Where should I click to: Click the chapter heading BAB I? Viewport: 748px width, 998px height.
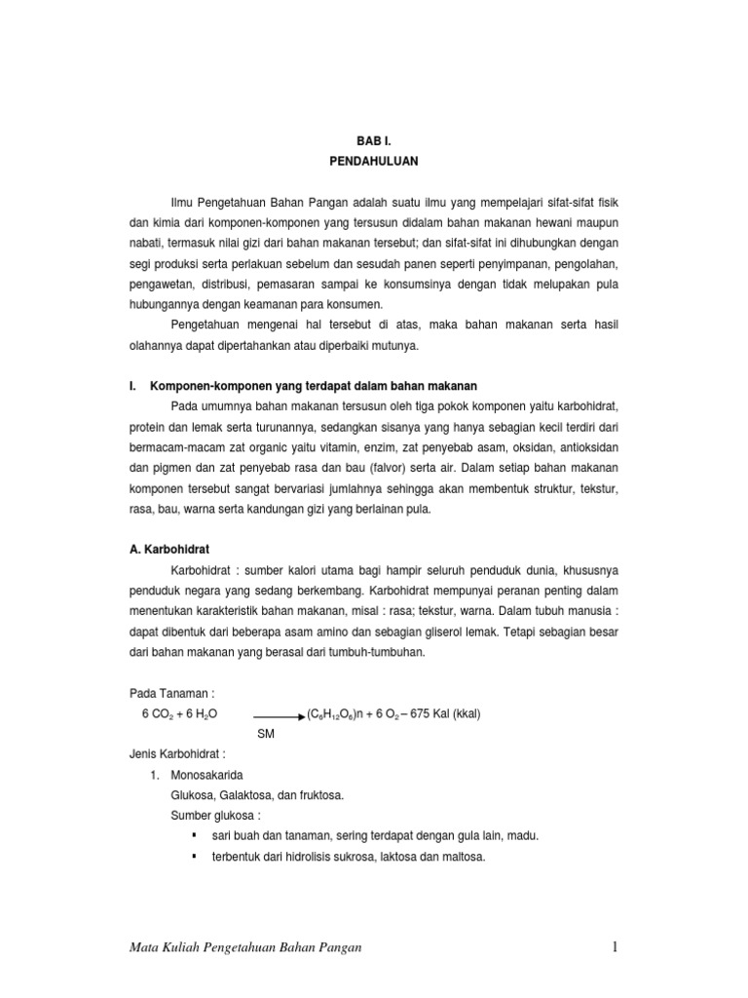coord(373,141)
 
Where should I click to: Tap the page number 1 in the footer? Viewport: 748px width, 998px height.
coord(616,946)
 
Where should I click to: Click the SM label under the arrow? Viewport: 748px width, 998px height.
coord(266,733)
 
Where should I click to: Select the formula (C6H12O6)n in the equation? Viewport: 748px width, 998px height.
coord(342,713)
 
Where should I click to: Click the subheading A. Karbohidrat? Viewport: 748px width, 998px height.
coord(169,548)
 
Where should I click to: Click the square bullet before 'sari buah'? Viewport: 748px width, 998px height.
coord(196,835)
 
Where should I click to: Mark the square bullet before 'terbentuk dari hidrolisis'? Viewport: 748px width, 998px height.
coord(196,856)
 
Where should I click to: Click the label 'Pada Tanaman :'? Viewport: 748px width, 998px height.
coord(171,692)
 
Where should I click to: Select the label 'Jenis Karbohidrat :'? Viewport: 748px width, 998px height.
coord(177,754)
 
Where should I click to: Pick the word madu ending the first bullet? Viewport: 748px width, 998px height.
coord(521,836)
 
